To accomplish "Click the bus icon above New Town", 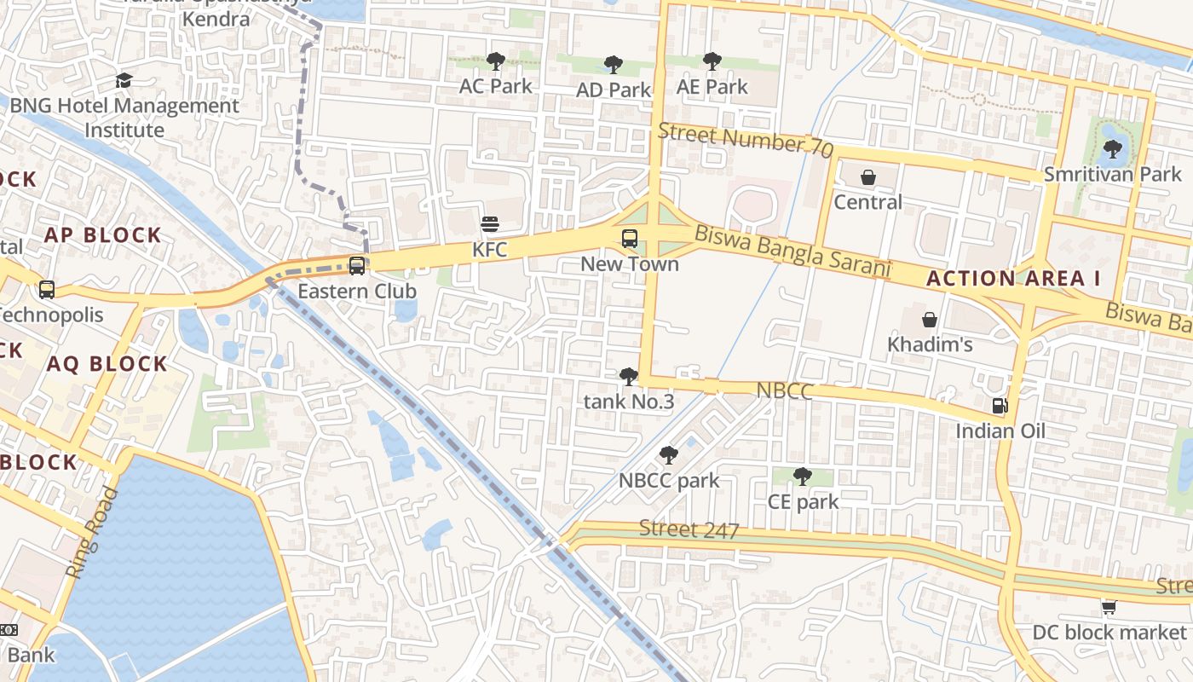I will (630, 239).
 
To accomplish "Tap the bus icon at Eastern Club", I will (357, 266).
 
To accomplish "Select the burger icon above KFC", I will (490, 224).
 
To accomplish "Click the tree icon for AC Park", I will (495, 61).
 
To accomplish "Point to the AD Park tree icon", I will (613, 65).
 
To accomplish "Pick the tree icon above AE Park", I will (712, 61).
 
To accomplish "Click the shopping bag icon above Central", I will (867, 177).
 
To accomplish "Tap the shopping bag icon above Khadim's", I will (930, 320).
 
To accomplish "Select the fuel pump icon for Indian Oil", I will (1000, 406).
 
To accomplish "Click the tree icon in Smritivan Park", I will (1112, 149).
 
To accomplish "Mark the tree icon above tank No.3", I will (629, 376).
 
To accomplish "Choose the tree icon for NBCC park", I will (669, 455).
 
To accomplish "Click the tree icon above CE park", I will (802, 477).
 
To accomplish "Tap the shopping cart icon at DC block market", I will (1109, 607).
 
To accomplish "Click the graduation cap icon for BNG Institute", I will (124, 81).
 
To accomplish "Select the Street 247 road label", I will (689, 529).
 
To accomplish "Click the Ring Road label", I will (91, 533).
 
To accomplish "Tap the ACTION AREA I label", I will (1013, 278).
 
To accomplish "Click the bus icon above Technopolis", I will (47, 289).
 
